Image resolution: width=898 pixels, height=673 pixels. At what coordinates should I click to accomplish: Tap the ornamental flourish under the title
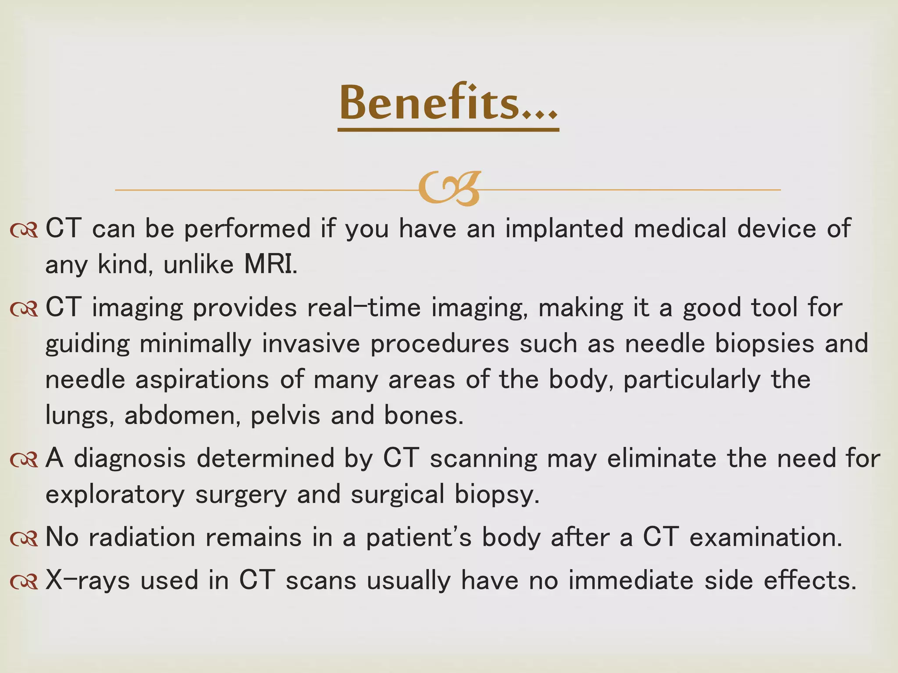pos(449,189)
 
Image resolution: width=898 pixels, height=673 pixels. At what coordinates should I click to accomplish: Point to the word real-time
pos(364,308)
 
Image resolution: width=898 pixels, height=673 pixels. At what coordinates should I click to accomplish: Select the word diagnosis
pos(130,458)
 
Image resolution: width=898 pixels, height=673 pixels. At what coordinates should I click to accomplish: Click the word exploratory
pos(115,494)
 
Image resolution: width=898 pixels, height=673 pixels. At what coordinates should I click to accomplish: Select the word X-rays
pos(88,580)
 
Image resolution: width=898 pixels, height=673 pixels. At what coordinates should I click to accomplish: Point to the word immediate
pos(631,580)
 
